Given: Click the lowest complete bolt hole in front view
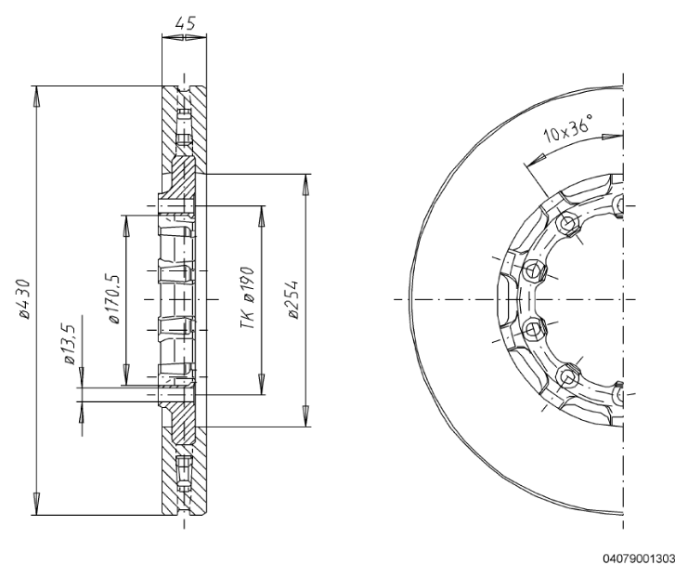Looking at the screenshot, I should coord(567,375).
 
